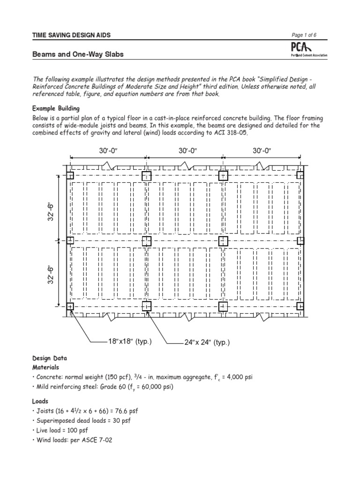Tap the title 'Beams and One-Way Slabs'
click(x=78, y=54)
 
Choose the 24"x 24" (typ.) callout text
click(x=207, y=343)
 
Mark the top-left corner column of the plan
click(x=70, y=176)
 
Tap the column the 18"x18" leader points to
click(x=70, y=307)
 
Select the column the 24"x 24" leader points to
click(x=146, y=307)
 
